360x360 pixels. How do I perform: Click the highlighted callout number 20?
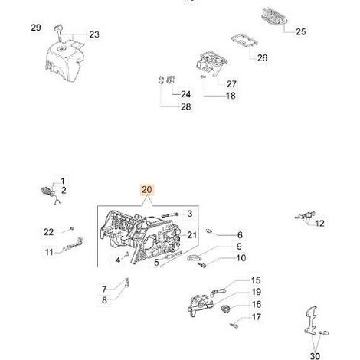pos(146,190)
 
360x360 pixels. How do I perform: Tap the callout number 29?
pos(36,28)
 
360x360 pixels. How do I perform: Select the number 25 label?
pos(301,31)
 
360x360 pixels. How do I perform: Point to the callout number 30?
pos(315,355)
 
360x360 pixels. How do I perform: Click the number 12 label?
pos(319,224)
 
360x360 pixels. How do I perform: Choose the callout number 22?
pos(48,232)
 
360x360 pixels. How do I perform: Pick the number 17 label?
pos(256,317)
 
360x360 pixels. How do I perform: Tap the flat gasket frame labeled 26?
pos(245,41)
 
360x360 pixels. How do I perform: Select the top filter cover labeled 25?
pos(274,16)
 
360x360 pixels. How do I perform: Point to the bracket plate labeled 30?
pos(311,320)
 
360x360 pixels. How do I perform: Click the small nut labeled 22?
pos(72,227)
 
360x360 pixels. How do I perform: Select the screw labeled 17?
pos(234,326)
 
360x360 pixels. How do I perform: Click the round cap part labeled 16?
pos(225,309)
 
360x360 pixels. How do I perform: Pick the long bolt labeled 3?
pos(170,215)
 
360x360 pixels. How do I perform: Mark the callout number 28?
pos(185,106)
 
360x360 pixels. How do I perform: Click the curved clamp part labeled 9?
pos(194,258)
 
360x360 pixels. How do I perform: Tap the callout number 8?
pos(104,300)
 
